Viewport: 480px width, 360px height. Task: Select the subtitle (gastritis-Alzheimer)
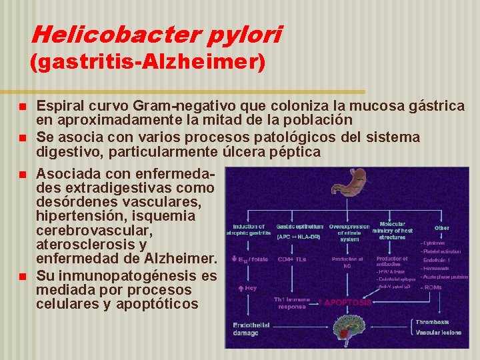click(148, 63)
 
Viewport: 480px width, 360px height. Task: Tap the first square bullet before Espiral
click(23, 107)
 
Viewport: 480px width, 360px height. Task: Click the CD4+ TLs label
click(292, 259)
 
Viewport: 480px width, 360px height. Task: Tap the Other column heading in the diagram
click(441, 227)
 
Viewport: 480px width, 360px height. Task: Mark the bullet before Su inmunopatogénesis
click(23, 276)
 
